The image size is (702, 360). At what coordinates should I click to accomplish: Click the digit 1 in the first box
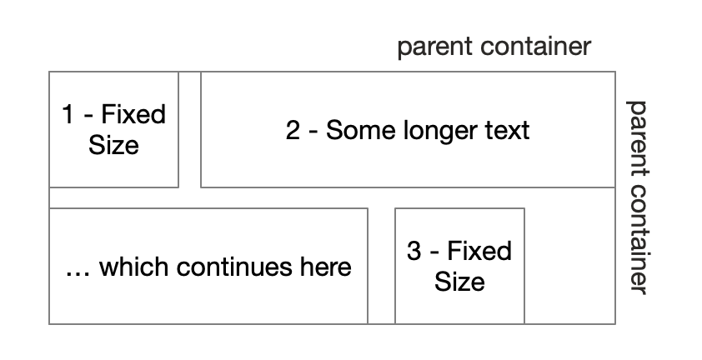tap(68, 114)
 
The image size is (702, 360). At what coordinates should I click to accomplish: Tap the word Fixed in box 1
tap(134, 114)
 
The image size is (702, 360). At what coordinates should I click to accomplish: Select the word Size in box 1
tap(113, 145)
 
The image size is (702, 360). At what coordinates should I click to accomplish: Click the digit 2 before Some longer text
tap(293, 130)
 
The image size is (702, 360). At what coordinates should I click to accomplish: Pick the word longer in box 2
tap(434, 131)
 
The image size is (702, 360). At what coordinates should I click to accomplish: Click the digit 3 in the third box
tap(414, 251)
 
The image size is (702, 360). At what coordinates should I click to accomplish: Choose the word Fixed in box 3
tap(479, 251)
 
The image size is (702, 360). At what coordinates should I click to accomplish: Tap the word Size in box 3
tap(459, 282)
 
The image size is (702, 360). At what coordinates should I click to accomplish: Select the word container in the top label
tap(535, 47)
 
